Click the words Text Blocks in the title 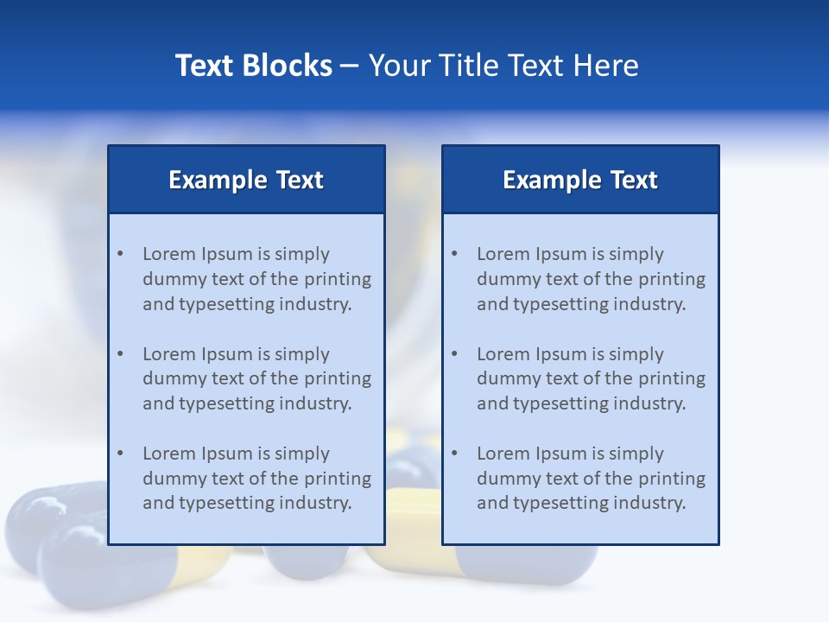tap(253, 66)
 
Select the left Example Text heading tap(246, 180)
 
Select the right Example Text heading tap(580, 180)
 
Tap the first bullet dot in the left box tap(121, 254)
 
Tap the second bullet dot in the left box tap(121, 354)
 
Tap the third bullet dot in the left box tap(121, 454)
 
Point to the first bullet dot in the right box tap(455, 254)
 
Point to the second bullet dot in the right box tap(455, 354)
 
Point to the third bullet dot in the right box tap(455, 454)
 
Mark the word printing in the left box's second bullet tap(339, 378)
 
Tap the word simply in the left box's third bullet tap(302, 454)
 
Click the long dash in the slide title tap(350, 67)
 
